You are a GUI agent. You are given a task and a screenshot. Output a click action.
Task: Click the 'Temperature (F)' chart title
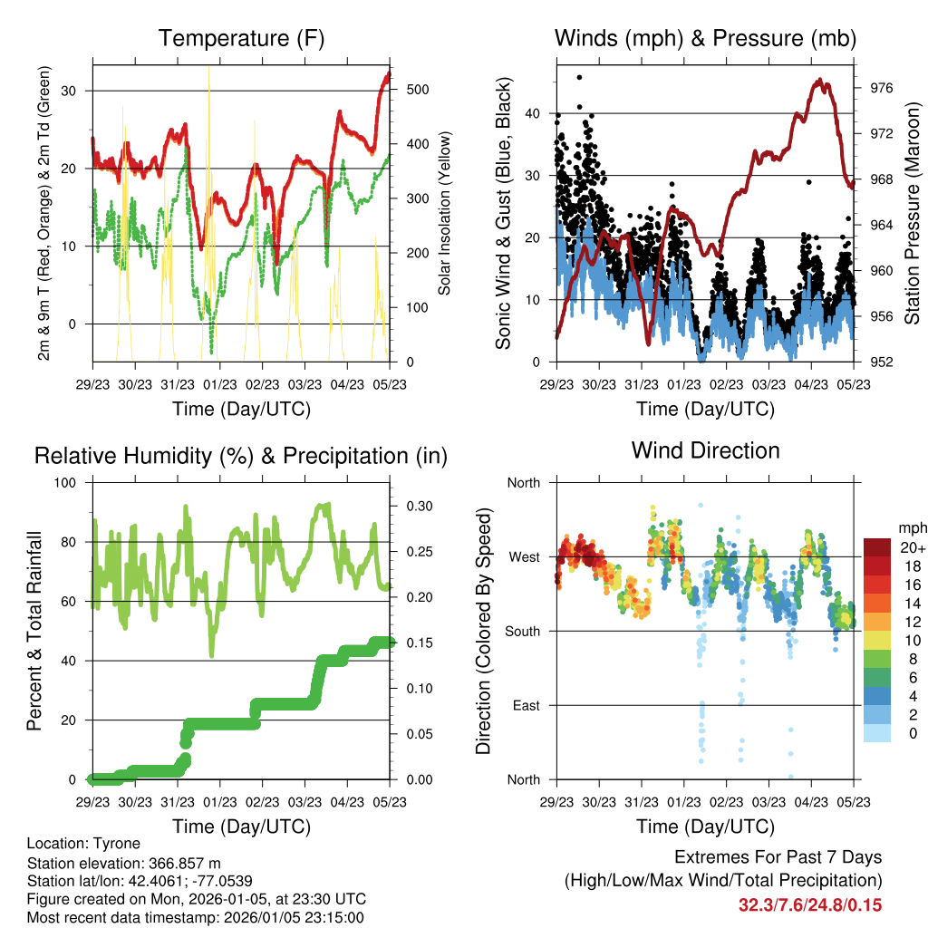click(241, 39)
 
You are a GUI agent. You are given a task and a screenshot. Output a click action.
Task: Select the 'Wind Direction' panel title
click(705, 449)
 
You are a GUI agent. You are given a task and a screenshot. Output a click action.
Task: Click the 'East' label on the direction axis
click(524, 705)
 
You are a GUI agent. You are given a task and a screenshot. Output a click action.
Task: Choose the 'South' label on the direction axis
click(521, 631)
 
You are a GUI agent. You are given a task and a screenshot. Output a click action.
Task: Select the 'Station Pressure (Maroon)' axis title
click(912, 214)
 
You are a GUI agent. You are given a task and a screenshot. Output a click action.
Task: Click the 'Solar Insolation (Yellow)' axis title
click(444, 214)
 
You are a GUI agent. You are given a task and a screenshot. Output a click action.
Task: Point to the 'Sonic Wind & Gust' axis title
click(504, 214)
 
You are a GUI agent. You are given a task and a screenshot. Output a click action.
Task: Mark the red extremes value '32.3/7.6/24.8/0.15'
click(810, 904)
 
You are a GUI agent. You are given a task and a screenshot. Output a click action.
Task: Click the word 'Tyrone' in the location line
click(111, 843)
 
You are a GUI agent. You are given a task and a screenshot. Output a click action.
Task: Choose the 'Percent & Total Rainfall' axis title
click(34, 631)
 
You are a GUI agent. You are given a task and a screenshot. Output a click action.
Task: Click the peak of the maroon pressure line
click(821, 80)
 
